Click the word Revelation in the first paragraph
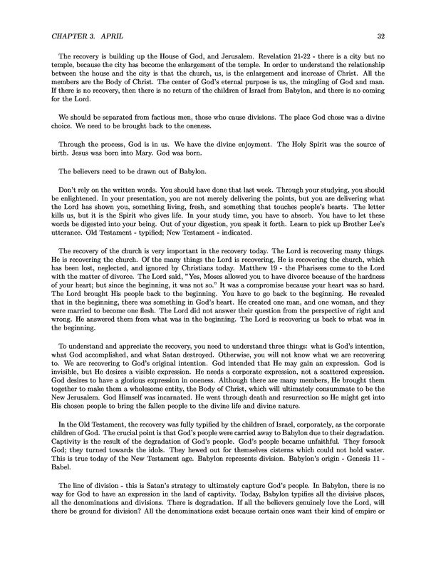coord(266,63)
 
